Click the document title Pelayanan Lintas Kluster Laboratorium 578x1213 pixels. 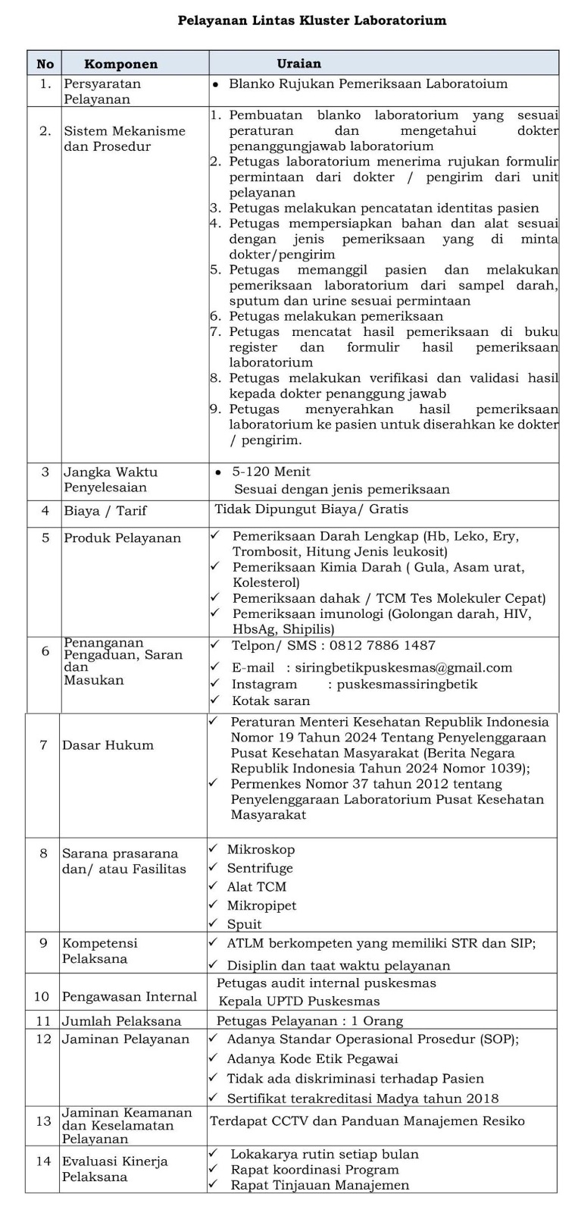[311, 20]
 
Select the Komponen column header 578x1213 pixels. [120, 64]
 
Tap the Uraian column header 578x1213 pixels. [298, 64]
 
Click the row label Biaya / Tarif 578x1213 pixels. [105, 511]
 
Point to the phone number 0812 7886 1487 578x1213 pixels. [387, 645]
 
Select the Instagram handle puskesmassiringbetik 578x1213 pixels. [407, 685]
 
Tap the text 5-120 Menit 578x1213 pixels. [272, 472]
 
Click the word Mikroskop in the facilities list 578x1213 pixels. [261, 850]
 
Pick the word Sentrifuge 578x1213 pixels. [260, 869]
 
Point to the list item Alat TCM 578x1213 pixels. [256, 887]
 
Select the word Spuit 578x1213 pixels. [244, 924]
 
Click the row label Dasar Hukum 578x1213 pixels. [108, 745]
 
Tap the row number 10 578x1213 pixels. [42, 997]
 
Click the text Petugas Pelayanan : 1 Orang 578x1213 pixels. [310, 1021]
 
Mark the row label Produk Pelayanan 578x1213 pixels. [122, 538]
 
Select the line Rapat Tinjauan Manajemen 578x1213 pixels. [320, 1185]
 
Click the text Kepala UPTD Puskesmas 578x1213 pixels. [299, 1001]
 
